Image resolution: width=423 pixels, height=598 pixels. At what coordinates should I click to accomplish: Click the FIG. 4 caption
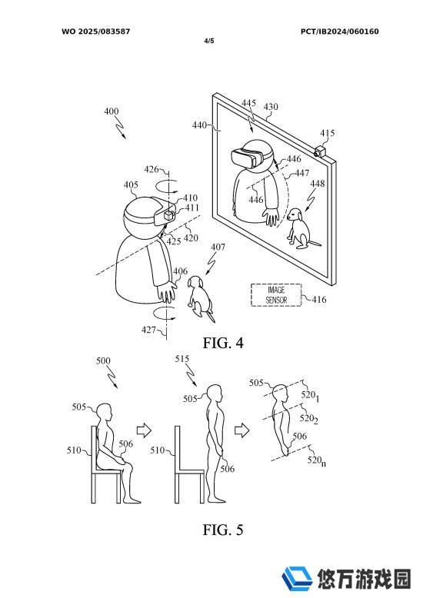222,343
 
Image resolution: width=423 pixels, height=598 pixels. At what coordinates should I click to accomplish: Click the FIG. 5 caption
222,530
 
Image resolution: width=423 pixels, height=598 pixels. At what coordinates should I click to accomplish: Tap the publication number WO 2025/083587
96,32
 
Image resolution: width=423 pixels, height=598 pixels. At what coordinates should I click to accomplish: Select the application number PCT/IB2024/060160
339,32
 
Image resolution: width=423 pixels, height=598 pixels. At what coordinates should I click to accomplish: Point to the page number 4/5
209,41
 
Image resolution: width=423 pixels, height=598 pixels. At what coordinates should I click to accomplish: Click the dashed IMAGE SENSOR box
276,295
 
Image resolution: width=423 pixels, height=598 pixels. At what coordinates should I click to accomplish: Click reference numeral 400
112,111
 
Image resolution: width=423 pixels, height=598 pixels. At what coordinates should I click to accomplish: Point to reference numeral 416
319,299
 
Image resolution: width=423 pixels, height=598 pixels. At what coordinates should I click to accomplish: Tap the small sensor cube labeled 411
168,215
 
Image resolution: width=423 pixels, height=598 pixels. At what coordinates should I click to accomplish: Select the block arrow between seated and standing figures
144,431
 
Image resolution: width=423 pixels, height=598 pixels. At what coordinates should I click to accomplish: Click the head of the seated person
104,412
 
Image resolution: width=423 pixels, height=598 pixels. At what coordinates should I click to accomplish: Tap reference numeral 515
182,359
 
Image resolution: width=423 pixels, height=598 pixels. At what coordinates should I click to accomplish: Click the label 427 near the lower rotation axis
148,330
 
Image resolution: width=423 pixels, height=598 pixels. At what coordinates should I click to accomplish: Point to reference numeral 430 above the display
271,107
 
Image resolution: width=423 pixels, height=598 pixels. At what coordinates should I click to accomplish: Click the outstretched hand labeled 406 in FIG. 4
167,293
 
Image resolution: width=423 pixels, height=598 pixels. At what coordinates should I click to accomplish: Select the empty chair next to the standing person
189,464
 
